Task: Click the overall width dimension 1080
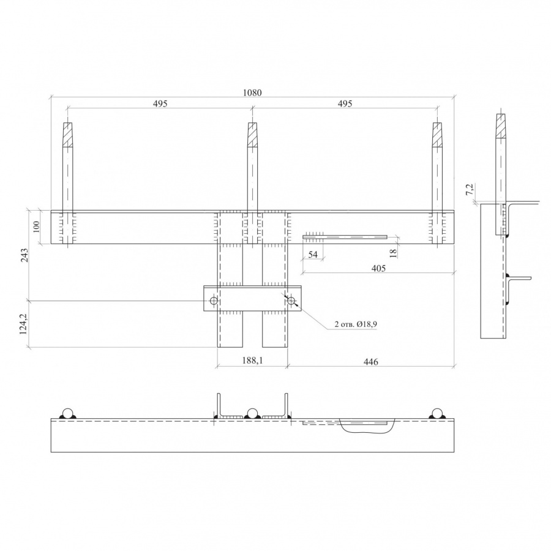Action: (252, 93)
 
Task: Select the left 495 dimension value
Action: (160, 103)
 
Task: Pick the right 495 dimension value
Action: (345, 103)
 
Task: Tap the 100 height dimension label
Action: (37, 227)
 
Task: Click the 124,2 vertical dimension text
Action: (23, 324)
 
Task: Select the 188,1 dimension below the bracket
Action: (252, 360)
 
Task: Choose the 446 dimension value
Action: (371, 362)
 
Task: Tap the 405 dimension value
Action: (378, 269)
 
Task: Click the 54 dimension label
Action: (313, 254)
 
